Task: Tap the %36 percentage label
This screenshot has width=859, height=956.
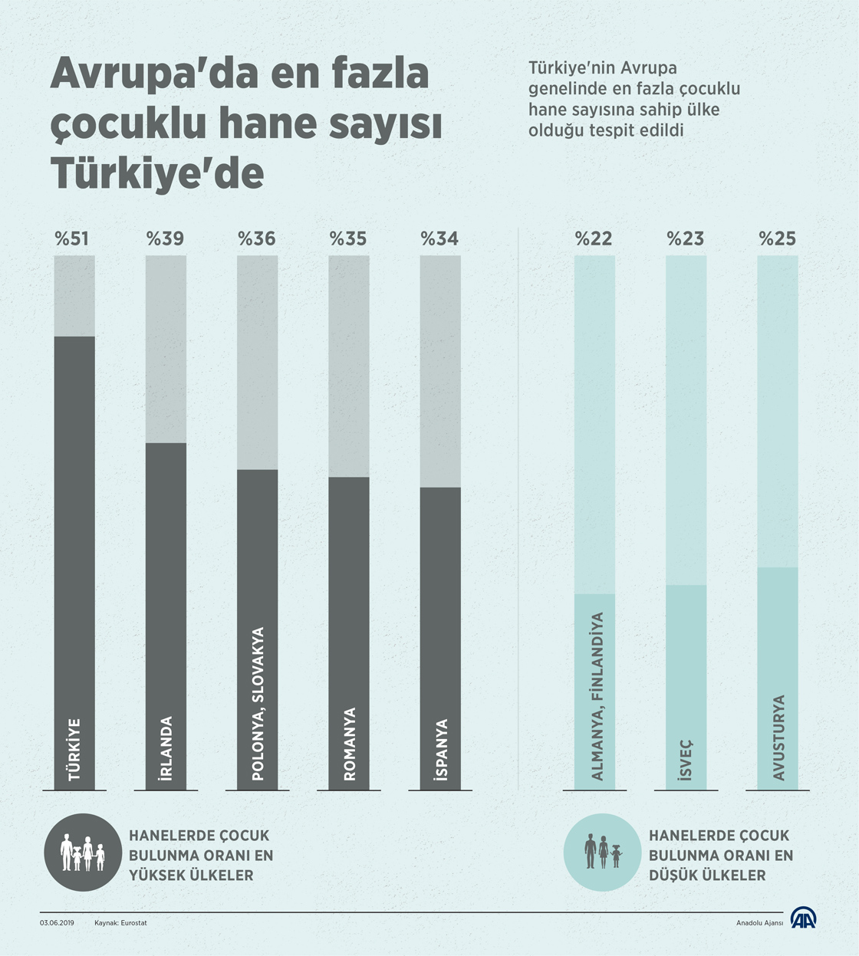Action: [257, 239]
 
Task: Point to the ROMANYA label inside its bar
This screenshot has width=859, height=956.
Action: [350, 744]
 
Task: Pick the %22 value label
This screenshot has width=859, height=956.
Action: [594, 239]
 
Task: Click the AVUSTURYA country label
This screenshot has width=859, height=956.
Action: [778, 738]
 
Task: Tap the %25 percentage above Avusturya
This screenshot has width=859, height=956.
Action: [778, 239]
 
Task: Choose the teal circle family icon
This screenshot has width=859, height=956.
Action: [602, 853]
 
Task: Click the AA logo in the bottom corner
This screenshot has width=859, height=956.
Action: [804, 918]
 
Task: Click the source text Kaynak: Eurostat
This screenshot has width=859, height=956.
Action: [120, 923]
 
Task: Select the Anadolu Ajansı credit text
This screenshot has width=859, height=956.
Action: [759, 923]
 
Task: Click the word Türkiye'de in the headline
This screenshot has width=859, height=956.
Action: [157, 174]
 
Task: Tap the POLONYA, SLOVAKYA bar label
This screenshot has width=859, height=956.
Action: [258, 704]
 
